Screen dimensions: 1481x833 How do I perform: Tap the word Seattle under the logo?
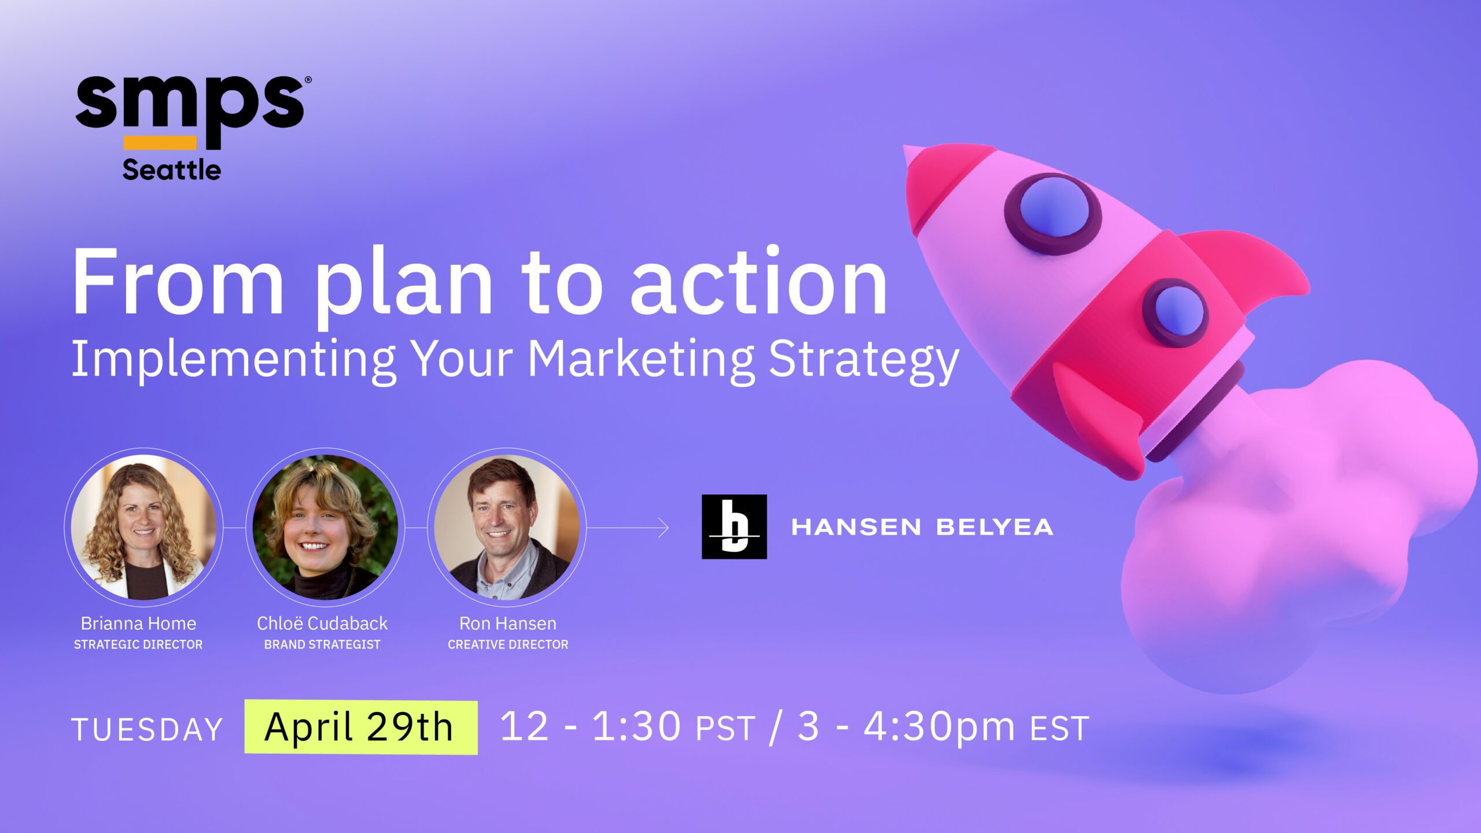(172, 170)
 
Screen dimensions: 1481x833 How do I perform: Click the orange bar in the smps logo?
(160, 143)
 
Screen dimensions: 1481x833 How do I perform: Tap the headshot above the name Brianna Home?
(143, 527)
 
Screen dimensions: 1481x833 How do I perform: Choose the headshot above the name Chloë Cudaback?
(325, 527)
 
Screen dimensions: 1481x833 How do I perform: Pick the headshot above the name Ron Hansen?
(507, 527)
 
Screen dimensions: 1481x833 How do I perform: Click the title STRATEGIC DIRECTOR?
(138, 644)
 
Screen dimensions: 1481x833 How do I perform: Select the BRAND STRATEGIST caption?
(322, 644)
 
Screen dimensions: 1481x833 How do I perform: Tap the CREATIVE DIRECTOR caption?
(508, 644)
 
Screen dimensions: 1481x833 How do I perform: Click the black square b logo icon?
(734, 526)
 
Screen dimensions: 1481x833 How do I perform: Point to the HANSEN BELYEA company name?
(922, 527)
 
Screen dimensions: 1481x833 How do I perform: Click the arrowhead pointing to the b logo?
(664, 528)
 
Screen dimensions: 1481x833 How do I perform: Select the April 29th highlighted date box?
(361, 727)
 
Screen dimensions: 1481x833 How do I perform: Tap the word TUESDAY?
(147, 729)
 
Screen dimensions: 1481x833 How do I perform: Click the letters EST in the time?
(1059, 729)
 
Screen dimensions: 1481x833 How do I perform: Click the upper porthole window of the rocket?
(1052, 214)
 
